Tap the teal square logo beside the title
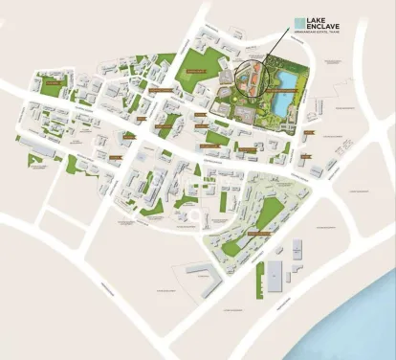click(299, 21)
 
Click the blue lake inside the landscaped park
click(284, 101)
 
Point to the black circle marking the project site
click(250, 77)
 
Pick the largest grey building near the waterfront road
click(275, 276)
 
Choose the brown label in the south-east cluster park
click(260, 233)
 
